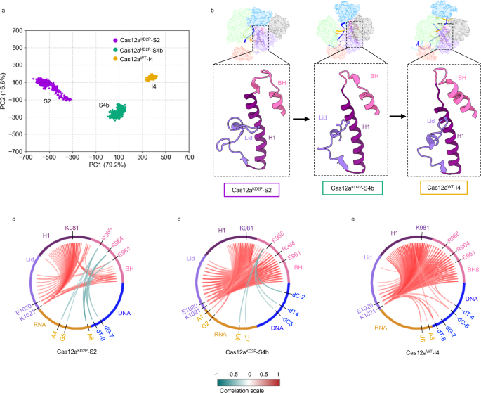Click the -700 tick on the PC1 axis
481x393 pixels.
coord(27,157)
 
